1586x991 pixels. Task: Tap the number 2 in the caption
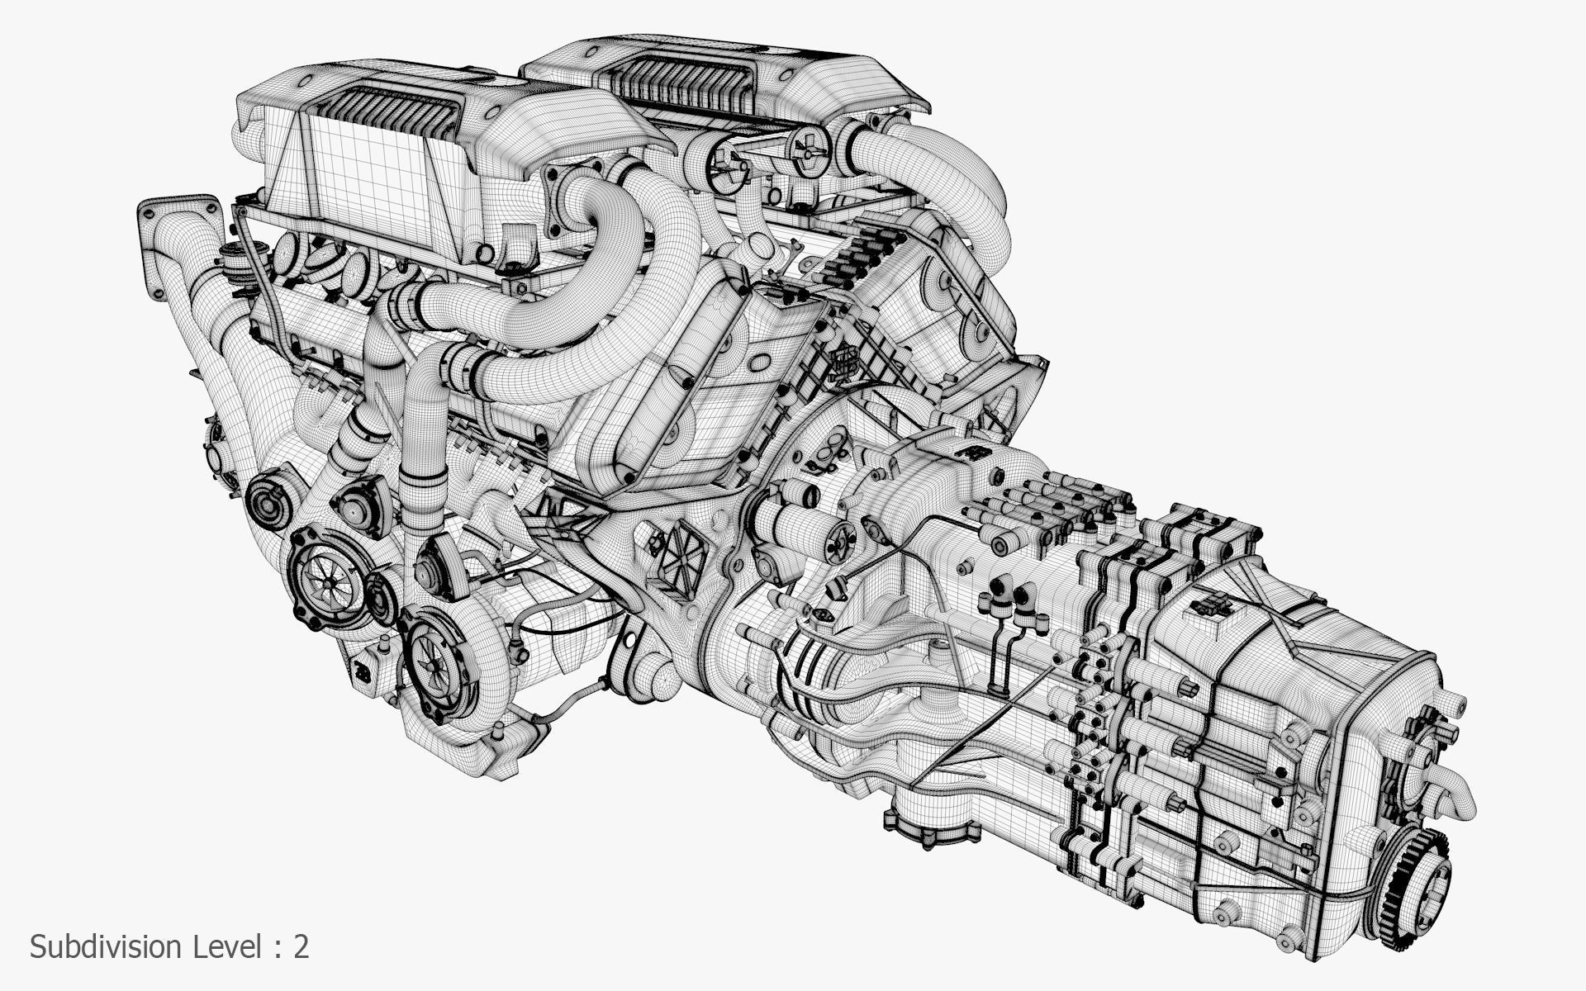pos(301,946)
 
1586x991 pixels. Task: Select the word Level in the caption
pos(228,946)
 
